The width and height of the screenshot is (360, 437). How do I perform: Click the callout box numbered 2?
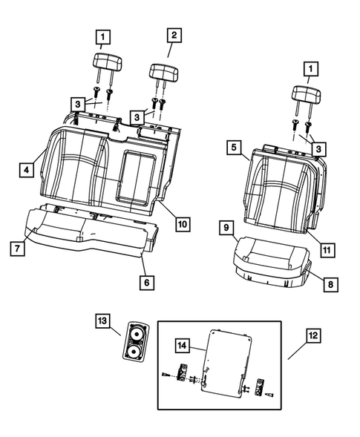point(174,35)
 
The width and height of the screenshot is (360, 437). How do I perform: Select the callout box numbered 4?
point(26,170)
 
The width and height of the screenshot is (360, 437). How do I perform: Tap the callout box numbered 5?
point(234,148)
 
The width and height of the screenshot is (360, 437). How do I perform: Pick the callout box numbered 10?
point(182,223)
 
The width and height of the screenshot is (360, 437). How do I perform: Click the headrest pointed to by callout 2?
point(162,72)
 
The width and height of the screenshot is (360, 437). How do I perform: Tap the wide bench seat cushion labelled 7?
point(89,230)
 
